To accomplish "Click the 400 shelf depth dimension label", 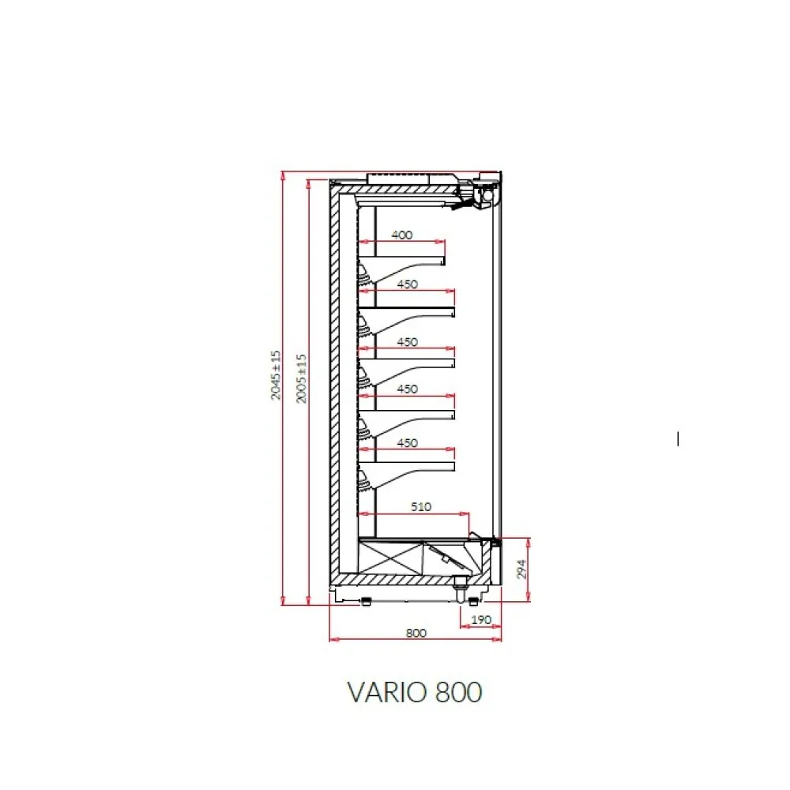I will pyautogui.click(x=402, y=235).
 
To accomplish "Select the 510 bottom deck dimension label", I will pyautogui.click(x=421, y=506).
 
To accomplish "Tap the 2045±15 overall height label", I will pyautogui.click(x=276, y=375).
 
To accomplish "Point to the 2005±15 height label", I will pyautogui.click(x=301, y=378).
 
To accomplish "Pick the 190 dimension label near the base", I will pyautogui.click(x=481, y=619).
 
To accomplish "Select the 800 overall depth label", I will pyautogui.click(x=416, y=633).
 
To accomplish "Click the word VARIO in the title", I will pyautogui.click(x=386, y=692).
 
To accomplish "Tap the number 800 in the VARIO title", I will pyautogui.click(x=457, y=692).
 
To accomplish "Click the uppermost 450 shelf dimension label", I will pyautogui.click(x=407, y=284).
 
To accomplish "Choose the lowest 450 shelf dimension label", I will pyautogui.click(x=407, y=443).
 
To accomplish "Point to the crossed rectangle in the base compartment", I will pyautogui.click(x=390, y=559).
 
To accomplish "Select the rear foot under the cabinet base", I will pyautogui.click(x=367, y=600).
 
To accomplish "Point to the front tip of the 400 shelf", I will pyautogui.click(x=444, y=261).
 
